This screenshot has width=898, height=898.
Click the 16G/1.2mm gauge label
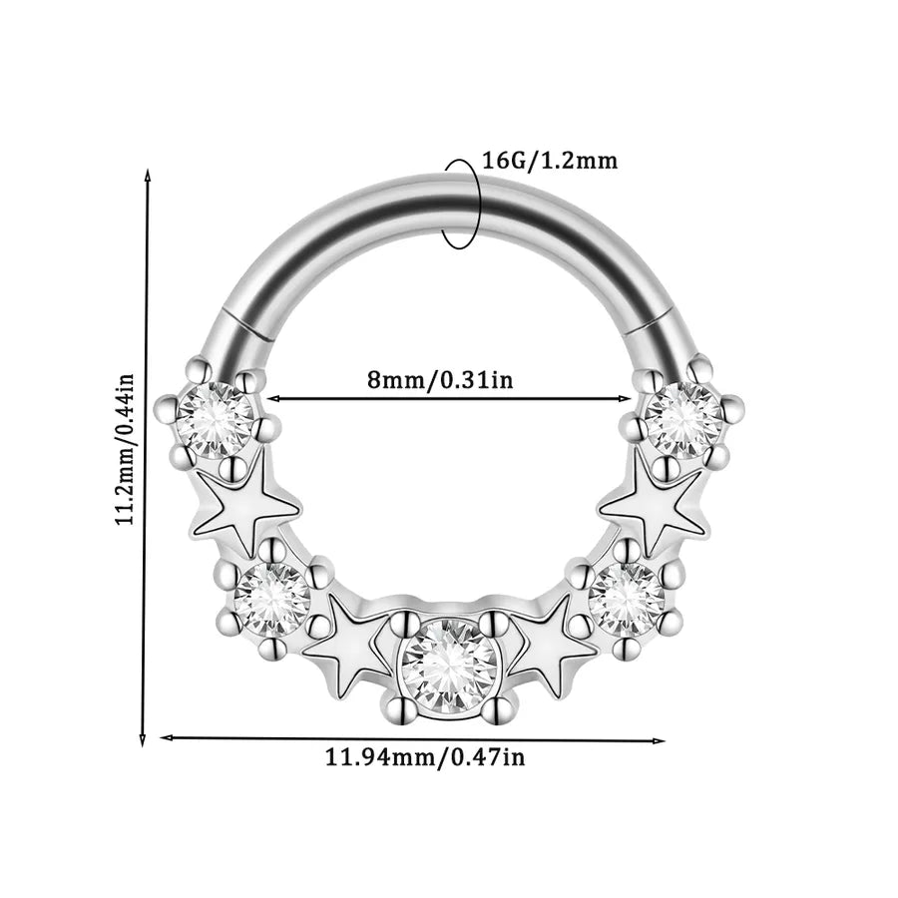[551, 161]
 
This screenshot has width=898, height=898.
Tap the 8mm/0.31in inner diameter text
[440, 379]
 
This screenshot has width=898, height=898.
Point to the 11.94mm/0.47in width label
[425, 758]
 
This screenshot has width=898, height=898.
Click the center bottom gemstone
[448, 666]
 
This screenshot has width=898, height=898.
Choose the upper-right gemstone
[683, 420]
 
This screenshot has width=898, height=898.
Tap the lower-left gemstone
[272, 599]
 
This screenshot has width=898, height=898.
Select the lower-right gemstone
[627, 599]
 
